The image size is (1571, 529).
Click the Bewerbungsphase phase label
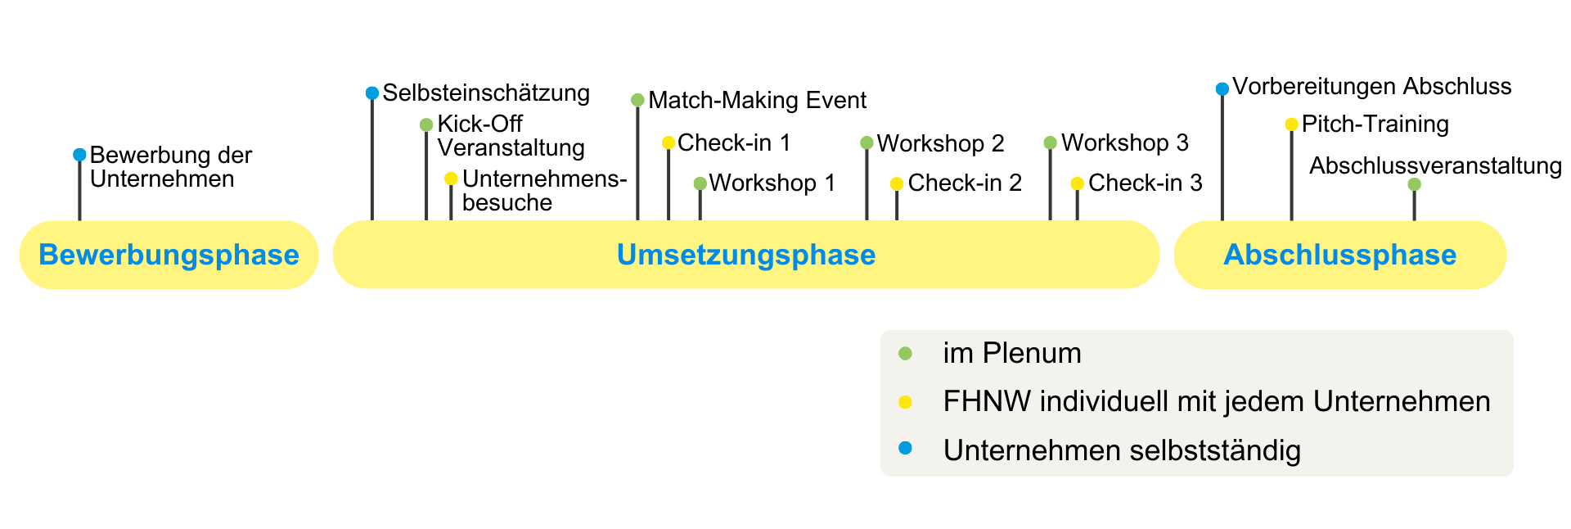[x=169, y=255]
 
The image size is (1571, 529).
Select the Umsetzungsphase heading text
[x=745, y=255]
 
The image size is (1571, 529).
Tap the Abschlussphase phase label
[x=1339, y=255]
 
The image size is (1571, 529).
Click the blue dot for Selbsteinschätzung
[x=372, y=93]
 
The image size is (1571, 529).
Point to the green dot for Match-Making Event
[x=637, y=101]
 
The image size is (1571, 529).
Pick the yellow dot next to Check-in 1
[x=668, y=143]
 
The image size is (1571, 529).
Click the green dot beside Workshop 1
[x=700, y=183]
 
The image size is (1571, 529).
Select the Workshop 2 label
[x=940, y=143]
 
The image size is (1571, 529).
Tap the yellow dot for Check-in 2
[x=897, y=183]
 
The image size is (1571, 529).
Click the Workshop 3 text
[x=1124, y=143]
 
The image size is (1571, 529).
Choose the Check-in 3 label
[x=1145, y=183]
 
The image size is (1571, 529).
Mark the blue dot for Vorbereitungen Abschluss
[x=1222, y=89]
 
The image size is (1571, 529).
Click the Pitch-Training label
[x=1375, y=124]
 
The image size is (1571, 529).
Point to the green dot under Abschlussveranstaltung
[x=1414, y=185]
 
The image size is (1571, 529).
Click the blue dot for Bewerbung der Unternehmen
[x=79, y=155]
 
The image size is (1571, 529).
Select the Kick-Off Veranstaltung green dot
[x=426, y=125]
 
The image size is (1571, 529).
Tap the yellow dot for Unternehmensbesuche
[x=451, y=179]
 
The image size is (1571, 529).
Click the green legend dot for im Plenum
[x=905, y=354]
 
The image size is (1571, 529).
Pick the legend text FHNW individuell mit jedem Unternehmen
[x=1216, y=402]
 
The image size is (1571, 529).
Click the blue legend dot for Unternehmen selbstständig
[x=905, y=448]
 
